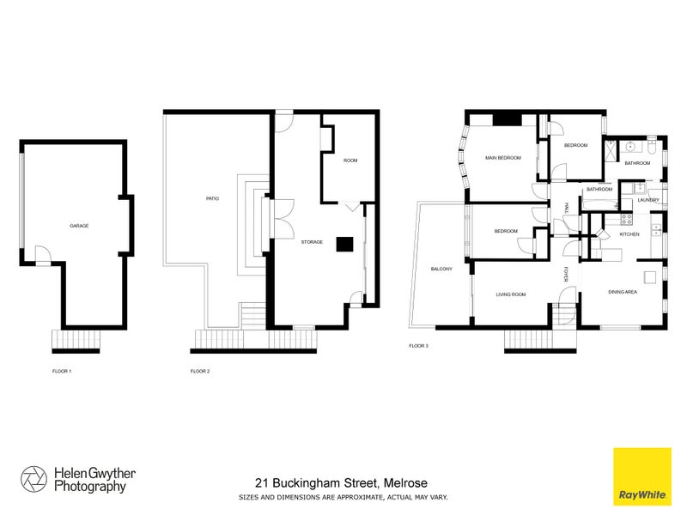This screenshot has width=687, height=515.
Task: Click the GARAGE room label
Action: tap(79, 226)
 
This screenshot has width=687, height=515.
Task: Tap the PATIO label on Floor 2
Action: tap(211, 199)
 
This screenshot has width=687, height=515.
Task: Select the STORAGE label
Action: tap(312, 243)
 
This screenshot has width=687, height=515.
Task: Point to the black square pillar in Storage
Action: tap(344, 244)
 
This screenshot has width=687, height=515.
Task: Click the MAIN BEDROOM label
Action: tap(502, 158)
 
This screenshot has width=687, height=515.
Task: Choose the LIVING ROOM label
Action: tap(510, 294)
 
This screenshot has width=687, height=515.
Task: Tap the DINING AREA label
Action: tap(623, 293)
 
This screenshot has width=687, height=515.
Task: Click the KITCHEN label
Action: tap(629, 234)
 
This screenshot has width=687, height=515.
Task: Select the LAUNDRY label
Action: tap(647, 200)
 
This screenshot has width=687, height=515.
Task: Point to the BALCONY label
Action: tap(441, 270)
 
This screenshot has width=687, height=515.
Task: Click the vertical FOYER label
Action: tap(567, 275)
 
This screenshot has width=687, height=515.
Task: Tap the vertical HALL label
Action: tap(567, 209)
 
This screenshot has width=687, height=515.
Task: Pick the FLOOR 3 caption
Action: tap(418, 347)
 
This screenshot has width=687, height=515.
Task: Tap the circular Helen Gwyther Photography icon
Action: tap(34, 479)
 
